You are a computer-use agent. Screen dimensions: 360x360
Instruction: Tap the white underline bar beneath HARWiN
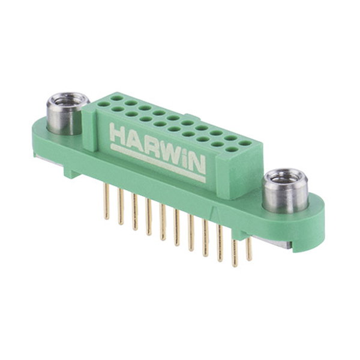pyautogui.click(x=158, y=163)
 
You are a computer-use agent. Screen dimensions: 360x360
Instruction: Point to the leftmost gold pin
pyautogui.click(x=106, y=202)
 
